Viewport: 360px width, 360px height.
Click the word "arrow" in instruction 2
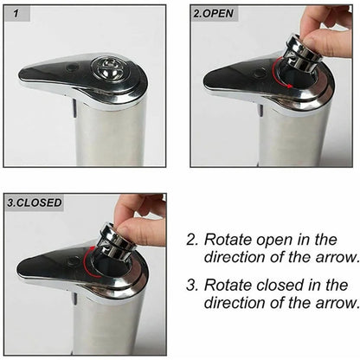[335, 257]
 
